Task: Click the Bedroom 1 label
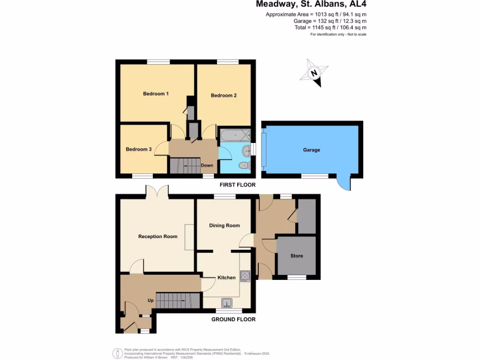pyautogui.click(x=156, y=94)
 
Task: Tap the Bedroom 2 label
pyautogui.click(x=224, y=96)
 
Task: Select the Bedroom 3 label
pyautogui.click(x=138, y=150)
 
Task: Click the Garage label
pyautogui.click(x=311, y=150)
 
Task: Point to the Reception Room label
pyautogui.click(x=157, y=236)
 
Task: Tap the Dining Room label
pyautogui.click(x=224, y=225)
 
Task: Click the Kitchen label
pyautogui.click(x=226, y=277)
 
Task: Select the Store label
pyautogui.click(x=296, y=256)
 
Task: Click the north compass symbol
pyautogui.click(x=315, y=73)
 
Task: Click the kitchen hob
pyautogui.click(x=245, y=276)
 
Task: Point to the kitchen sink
pyautogui.click(x=227, y=302)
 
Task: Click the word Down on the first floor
pyautogui.click(x=207, y=165)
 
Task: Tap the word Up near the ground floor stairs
pyautogui.click(x=150, y=300)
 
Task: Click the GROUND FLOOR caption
pyautogui.click(x=233, y=319)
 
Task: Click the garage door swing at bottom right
pyautogui.click(x=344, y=184)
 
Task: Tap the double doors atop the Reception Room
pyautogui.click(x=157, y=191)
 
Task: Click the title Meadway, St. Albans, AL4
pyautogui.click(x=311, y=5)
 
